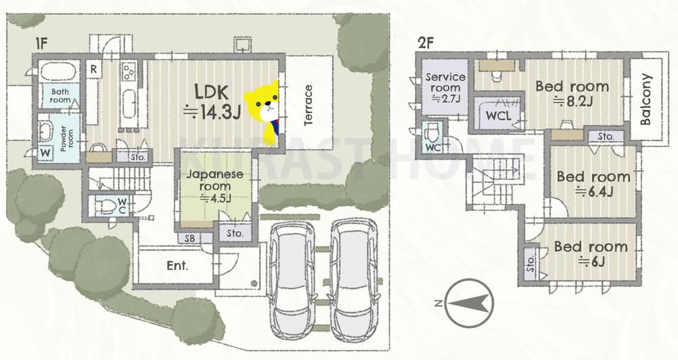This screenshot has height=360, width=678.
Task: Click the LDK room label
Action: [x=212, y=102]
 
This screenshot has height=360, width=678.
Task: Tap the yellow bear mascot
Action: [x=263, y=111]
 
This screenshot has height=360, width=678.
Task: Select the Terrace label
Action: [x=308, y=106]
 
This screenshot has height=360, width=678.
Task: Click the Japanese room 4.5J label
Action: [x=215, y=186]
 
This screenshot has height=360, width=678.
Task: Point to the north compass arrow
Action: [x=469, y=303]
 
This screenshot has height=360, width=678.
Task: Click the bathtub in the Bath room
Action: [x=58, y=71]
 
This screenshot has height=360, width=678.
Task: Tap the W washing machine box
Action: [x=45, y=153]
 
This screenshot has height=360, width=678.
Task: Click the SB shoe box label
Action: [x=189, y=238]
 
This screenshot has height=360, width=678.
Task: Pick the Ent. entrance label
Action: [x=178, y=265]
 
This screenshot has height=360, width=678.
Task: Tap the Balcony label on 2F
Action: [x=645, y=100]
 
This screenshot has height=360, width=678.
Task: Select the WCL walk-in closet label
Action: [x=498, y=116]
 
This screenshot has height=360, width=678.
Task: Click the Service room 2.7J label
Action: [x=445, y=87]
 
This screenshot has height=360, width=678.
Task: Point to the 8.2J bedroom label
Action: [x=572, y=93]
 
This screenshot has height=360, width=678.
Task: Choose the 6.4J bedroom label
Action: [x=593, y=183]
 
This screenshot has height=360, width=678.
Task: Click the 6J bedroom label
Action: [x=591, y=254]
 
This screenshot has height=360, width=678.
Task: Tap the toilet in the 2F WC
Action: [x=433, y=132]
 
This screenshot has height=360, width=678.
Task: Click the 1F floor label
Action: [x=41, y=43]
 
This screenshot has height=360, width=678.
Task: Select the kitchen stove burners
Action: [x=129, y=72]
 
